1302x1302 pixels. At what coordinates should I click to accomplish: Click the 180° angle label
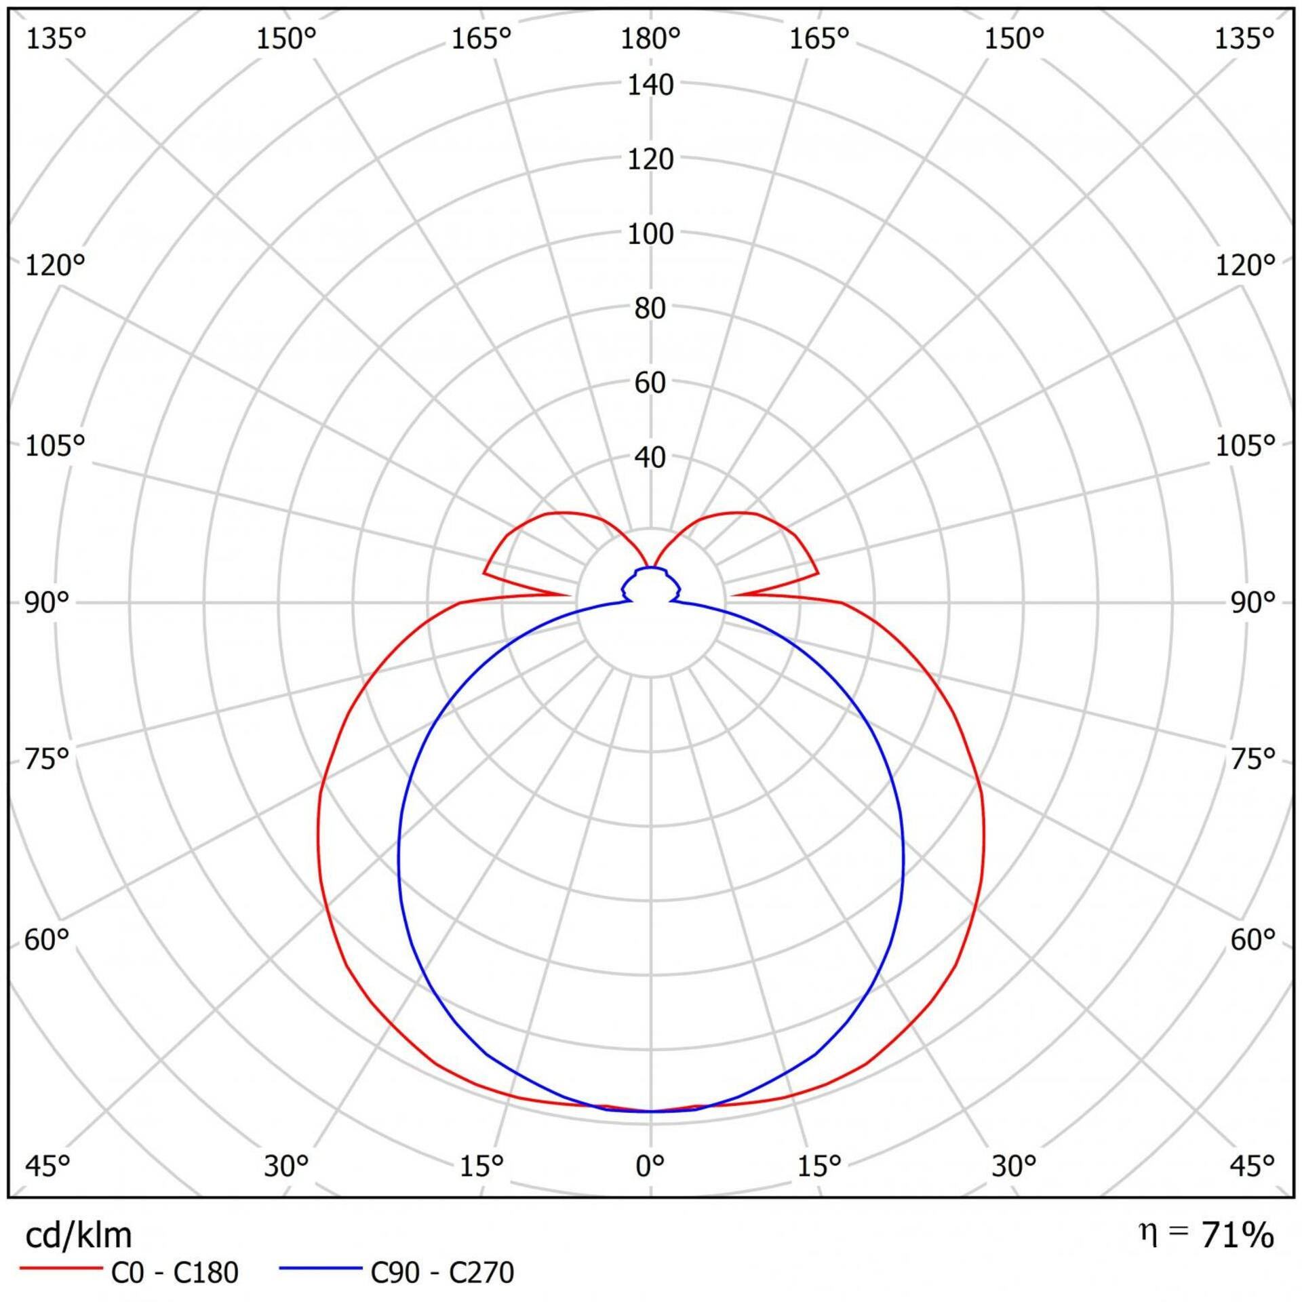click(x=650, y=39)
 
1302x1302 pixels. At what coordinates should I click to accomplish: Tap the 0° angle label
click(x=650, y=1165)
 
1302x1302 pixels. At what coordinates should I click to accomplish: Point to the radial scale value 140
click(x=650, y=85)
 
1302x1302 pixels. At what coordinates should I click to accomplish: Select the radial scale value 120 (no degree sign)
click(x=650, y=160)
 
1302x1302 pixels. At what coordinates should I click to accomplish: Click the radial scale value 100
click(x=650, y=235)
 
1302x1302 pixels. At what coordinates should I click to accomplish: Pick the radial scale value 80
click(x=650, y=309)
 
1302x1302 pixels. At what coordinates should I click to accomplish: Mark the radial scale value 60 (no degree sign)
click(x=650, y=383)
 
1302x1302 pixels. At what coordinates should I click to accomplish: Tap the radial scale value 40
click(x=650, y=458)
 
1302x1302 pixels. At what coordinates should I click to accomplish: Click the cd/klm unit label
click(x=78, y=1236)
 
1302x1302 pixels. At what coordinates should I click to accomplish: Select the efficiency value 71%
click(x=1237, y=1236)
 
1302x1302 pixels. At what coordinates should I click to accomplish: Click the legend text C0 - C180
click(x=174, y=1273)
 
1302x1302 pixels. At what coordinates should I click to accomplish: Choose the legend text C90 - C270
click(x=442, y=1273)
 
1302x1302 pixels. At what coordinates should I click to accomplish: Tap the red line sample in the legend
click(x=61, y=1267)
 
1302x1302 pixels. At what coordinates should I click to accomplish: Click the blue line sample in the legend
click(x=321, y=1267)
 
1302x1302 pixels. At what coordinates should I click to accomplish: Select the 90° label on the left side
click(x=47, y=602)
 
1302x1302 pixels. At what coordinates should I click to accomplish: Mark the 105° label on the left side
click(x=55, y=446)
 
